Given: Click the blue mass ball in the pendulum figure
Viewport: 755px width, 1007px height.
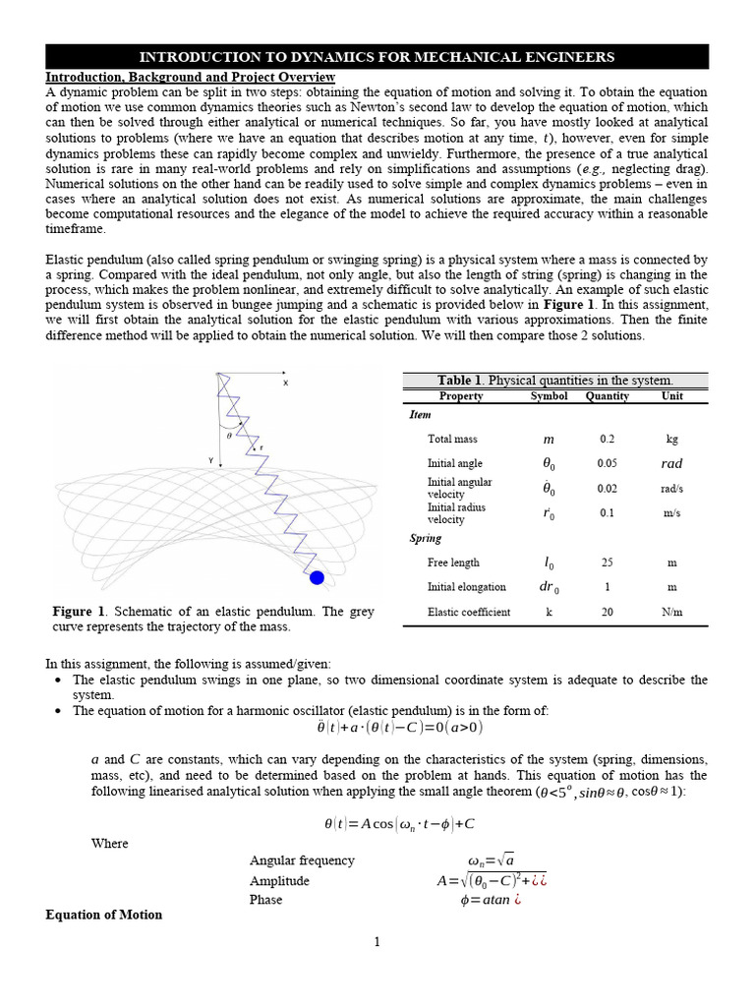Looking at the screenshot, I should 317,577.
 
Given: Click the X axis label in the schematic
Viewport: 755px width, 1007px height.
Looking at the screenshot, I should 286,384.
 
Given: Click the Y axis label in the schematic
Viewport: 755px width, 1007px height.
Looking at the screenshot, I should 211,459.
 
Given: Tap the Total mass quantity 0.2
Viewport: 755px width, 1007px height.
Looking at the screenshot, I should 607,439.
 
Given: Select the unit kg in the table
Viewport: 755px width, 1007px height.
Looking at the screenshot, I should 671,439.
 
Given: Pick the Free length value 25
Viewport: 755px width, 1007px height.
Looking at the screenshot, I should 607,563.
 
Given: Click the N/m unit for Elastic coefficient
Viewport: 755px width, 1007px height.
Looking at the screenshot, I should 671,612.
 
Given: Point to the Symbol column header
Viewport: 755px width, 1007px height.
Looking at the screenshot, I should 549,396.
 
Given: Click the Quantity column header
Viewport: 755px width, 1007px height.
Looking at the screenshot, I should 607,396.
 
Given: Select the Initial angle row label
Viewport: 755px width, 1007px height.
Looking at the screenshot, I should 455,463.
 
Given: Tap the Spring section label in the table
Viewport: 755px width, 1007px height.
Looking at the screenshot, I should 426,539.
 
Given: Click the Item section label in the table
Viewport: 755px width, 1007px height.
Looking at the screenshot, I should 420,415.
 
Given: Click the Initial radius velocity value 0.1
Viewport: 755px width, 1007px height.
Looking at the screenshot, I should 607,513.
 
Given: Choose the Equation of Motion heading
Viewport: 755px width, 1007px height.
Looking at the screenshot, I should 104,915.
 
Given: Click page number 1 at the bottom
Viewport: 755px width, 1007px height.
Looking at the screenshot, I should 377,942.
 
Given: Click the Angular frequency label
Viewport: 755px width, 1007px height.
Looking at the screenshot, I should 302,860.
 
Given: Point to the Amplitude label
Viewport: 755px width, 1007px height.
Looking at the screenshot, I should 279,881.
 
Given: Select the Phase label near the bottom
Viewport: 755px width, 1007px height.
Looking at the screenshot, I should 265,899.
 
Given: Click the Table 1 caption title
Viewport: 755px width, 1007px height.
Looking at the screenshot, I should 555,381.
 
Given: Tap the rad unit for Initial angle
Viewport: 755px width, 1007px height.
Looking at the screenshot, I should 671,463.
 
